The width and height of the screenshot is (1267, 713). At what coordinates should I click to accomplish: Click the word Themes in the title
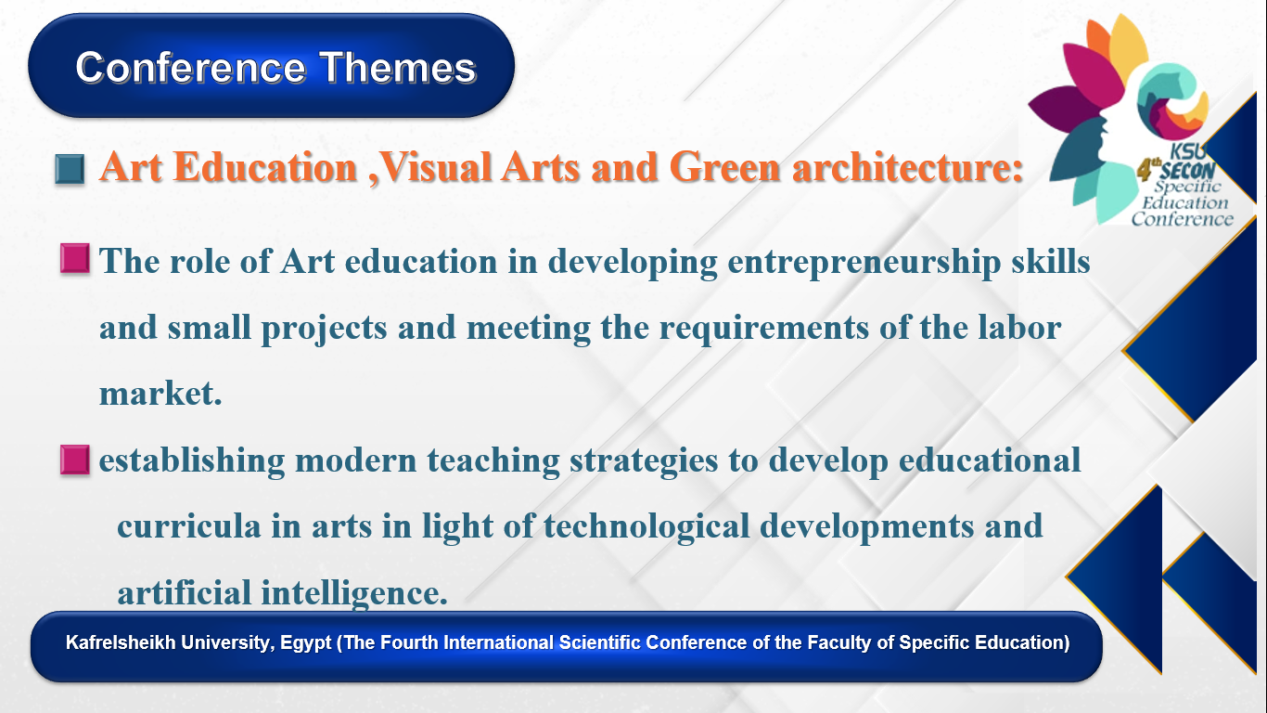(398, 68)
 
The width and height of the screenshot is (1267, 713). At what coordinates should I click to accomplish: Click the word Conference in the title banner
(191, 68)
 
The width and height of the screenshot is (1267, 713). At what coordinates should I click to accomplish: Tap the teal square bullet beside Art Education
(70, 169)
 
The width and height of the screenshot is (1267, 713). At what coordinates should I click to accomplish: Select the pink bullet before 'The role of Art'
(75, 259)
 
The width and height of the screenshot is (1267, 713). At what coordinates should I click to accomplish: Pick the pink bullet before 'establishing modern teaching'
(75, 460)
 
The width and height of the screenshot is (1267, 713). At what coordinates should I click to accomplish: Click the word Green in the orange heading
(724, 167)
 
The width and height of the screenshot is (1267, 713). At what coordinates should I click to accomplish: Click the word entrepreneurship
(864, 263)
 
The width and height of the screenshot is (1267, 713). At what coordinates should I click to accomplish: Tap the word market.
(160, 394)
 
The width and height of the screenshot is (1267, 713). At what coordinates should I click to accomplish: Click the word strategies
(644, 461)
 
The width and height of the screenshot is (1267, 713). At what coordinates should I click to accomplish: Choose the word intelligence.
(354, 594)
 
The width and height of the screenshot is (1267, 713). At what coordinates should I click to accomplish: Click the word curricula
(189, 526)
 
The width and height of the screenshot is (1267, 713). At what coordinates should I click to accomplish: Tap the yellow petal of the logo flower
(1127, 45)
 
